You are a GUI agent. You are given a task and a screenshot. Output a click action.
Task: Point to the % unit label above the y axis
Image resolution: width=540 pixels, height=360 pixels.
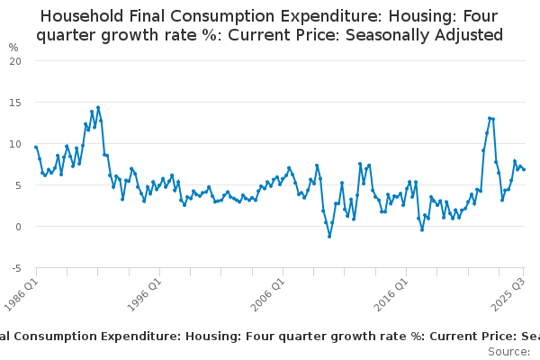tap(13, 47)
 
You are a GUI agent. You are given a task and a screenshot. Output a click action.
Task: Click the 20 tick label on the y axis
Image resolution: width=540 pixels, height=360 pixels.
tap(15, 60)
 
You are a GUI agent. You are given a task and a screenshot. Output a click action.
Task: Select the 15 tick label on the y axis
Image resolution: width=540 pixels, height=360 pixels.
tap(15, 102)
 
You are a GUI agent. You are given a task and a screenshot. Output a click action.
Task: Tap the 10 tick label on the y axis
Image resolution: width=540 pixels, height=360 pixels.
tap(15, 143)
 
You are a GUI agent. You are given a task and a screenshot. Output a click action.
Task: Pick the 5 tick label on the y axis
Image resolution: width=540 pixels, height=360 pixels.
tap(18, 184)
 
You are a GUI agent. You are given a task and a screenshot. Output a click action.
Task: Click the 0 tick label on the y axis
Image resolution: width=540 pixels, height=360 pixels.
tap(18, 226)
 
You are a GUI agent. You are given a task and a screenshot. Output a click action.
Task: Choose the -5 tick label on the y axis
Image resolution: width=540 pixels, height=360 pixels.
tap(16, 268)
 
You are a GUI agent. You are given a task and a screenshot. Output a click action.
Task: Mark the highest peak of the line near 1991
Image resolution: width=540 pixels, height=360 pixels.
tap(97, 107)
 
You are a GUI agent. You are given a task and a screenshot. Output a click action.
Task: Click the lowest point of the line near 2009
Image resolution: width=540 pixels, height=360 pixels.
tap(329, 236)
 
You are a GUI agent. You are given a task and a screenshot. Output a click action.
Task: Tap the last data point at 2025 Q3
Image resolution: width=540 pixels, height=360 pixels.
tap(524, 169)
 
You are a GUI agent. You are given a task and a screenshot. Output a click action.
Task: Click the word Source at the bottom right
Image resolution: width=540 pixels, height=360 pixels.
tap(508, 351)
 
